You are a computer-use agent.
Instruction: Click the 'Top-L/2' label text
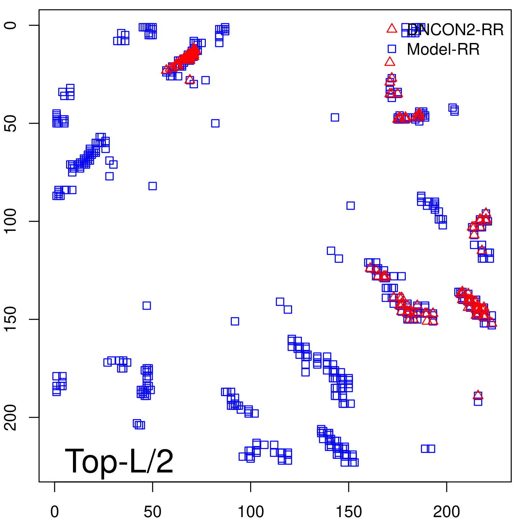[x=119, y=461]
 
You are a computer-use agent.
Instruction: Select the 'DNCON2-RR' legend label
[x=455, y=30]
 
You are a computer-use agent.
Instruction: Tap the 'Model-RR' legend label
[x=443, y=49]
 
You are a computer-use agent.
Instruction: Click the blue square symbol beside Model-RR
[x=392, y=49]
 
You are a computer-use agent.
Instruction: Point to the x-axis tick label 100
[x=251, y=512]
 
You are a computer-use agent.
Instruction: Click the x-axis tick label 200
[x=446, y=512]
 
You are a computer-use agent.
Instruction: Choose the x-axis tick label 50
[x=152, y=512]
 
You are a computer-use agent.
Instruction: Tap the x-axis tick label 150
[x=348, y=512]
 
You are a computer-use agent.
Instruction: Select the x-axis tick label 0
[x=55, y=512]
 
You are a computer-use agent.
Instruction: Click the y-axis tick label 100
[x=11, y=221]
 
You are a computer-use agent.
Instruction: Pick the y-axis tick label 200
[x=11, y=417]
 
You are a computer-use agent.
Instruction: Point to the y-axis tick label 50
[x=11, y=123]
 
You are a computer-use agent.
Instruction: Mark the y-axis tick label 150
[x=11, y=319]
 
